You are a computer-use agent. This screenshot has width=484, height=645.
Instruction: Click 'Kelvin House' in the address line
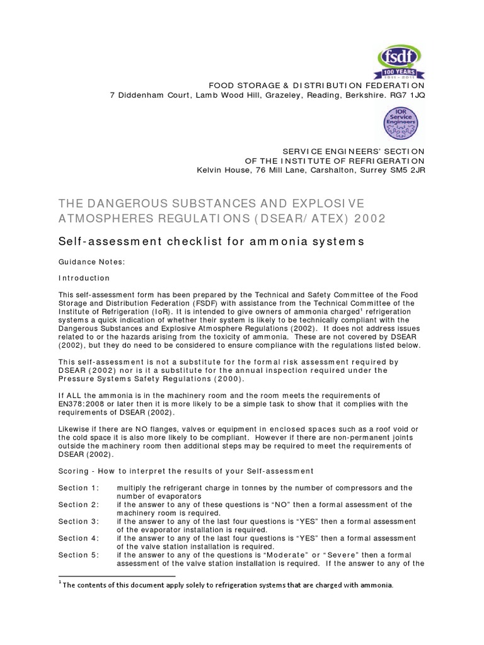click(x=222, y=170)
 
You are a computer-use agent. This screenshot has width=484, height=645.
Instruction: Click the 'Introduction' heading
click(x=84, y=278)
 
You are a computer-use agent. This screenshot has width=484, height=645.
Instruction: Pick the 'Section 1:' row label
click(x=79, y=488)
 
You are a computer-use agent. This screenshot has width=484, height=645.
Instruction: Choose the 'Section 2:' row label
click(x=79, y=505)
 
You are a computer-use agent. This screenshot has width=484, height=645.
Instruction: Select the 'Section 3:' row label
click(x=79, y=522)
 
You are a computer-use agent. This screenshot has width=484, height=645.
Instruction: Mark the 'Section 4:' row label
click(x=79, y=538)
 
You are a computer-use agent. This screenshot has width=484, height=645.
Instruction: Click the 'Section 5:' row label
click(x=79, y=555)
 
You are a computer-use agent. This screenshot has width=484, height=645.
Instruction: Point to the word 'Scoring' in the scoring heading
click(x=74, y=471)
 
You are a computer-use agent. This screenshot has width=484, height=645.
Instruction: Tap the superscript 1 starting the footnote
click(x=60, y=583)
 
